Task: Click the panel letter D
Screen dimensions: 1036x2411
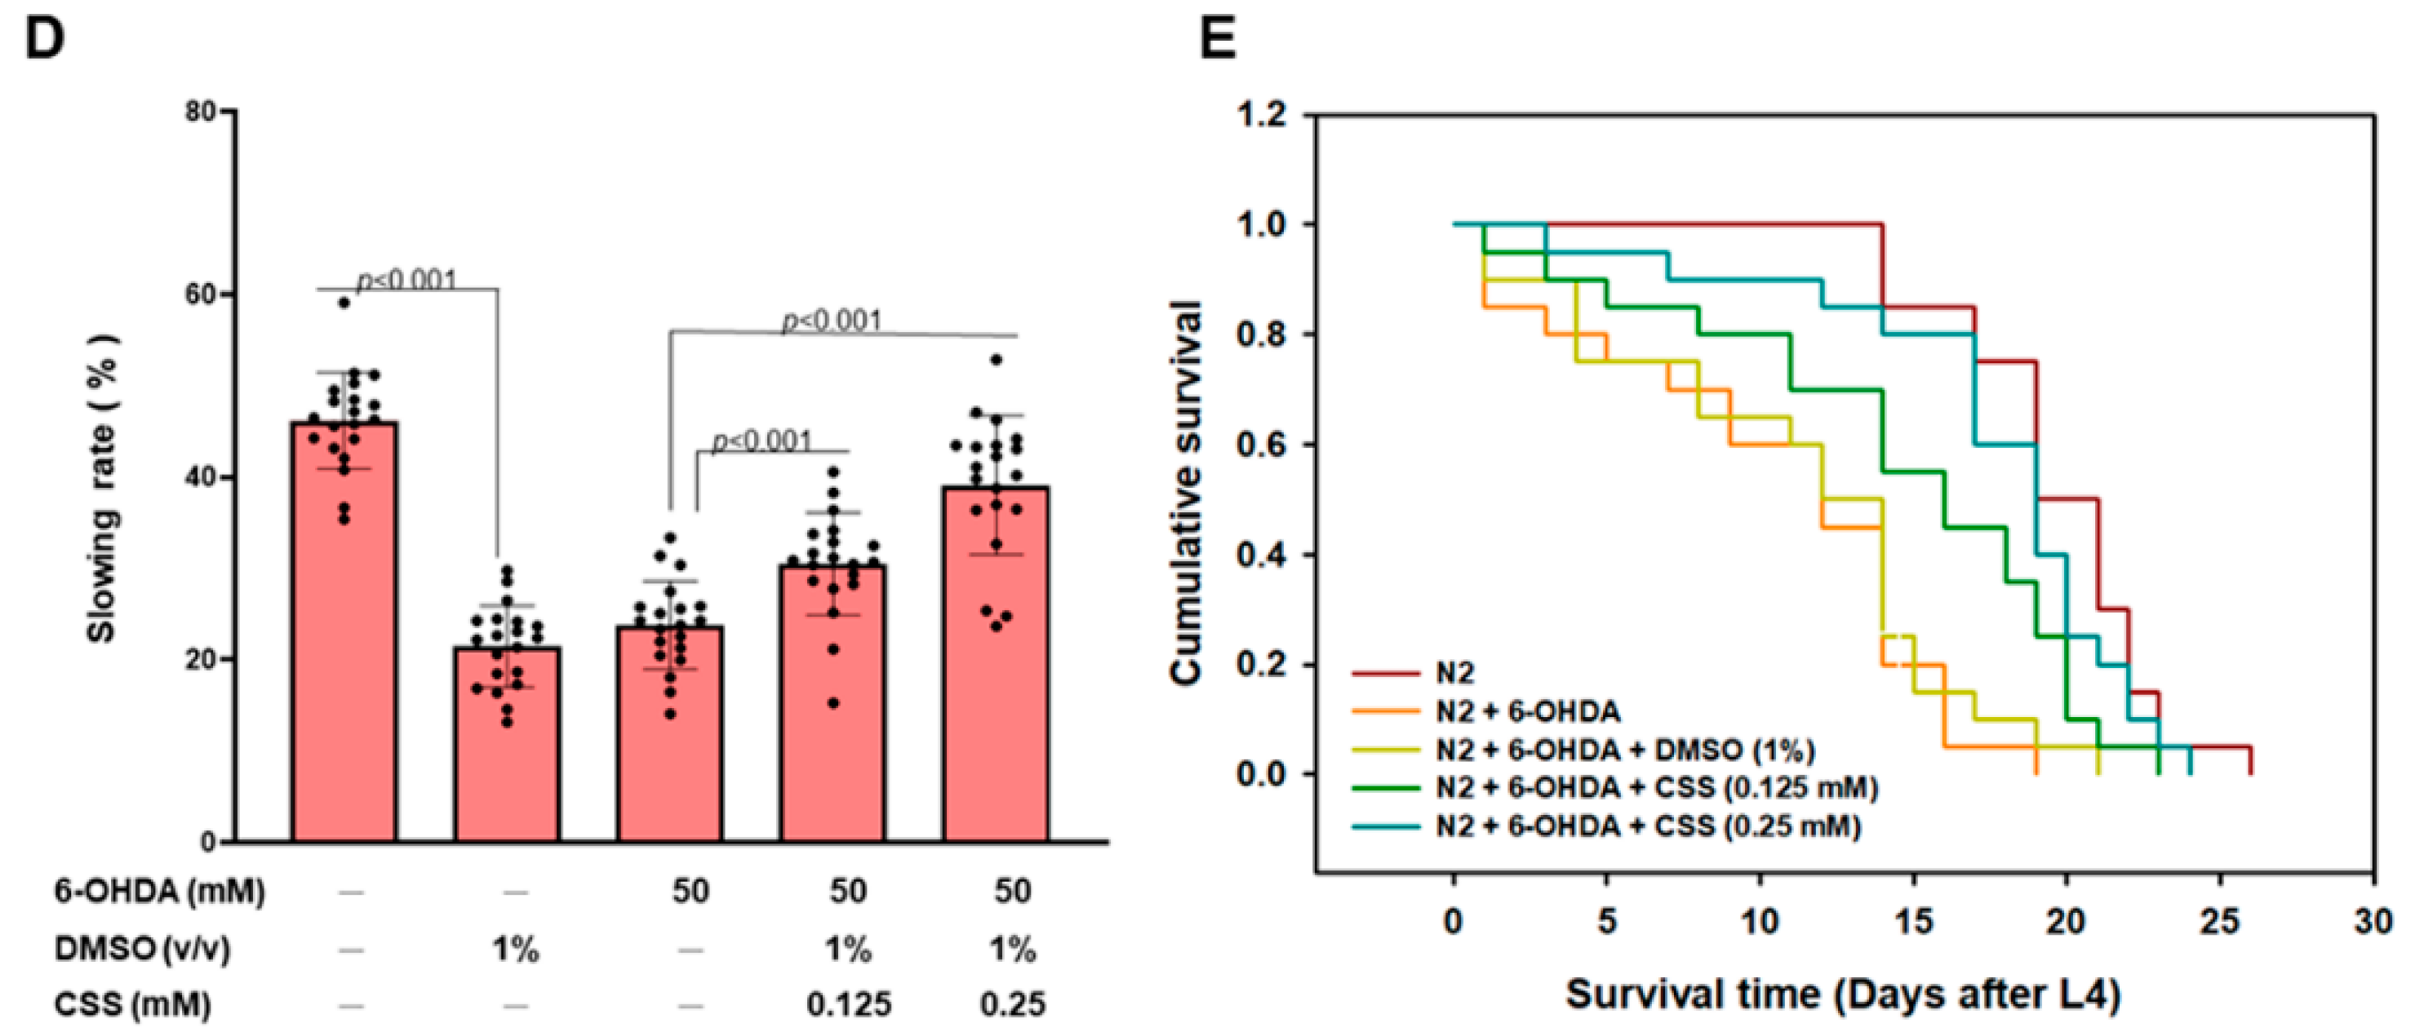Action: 44,39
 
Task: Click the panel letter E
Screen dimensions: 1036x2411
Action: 1218,39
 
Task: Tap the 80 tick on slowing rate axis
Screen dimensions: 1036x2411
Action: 202,113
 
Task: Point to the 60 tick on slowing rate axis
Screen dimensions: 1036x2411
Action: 202,294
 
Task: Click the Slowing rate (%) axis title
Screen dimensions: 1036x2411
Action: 102,487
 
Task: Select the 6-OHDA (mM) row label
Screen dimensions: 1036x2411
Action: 159,891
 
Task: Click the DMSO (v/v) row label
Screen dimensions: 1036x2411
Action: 142,949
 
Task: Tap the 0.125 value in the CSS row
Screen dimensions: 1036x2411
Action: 848,1005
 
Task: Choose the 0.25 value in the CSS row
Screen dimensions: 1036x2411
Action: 1012,1005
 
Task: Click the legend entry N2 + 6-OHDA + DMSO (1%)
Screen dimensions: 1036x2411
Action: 1625,750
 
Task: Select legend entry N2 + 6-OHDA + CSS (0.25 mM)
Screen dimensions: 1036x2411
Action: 1647,826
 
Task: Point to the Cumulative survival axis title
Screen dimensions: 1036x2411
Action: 1186,492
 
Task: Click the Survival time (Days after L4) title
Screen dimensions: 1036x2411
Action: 1843,994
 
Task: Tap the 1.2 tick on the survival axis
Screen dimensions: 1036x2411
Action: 1263,115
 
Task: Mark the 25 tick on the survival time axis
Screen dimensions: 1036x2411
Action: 2219,922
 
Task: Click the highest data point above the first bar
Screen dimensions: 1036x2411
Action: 344,303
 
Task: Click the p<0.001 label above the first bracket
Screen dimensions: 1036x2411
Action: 408,280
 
